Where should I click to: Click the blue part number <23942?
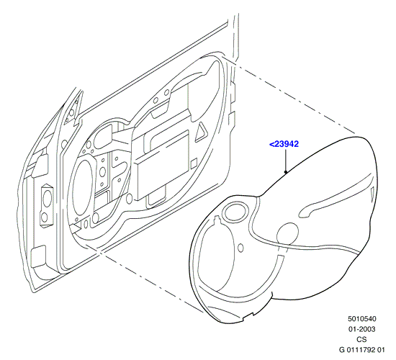point(284,144)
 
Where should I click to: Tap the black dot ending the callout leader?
point(286,172)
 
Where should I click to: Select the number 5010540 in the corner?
point(362,319)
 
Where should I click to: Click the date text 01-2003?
point(362,329)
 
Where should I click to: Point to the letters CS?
point(361,339)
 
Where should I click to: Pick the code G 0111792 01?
point(362,350)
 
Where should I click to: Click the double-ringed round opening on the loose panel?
point(235,212)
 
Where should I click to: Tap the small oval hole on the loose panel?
point(241,248)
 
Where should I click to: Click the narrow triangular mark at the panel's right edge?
point(373,194)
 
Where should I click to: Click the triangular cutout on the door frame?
point(202,131)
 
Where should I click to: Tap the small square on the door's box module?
point(194,163)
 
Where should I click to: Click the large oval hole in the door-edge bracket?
point(47,199)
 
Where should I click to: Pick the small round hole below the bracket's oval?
point(44,217)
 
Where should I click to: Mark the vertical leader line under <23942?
point(286,161)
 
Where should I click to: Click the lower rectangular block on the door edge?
point(38,256)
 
